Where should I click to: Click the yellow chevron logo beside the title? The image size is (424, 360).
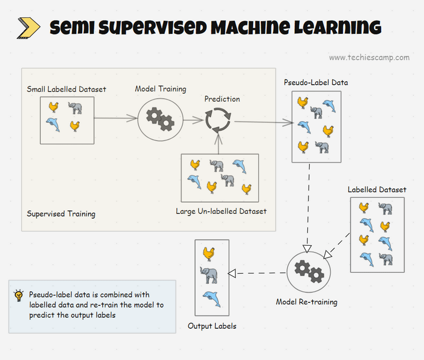28,28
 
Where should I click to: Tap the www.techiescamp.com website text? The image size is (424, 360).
369,58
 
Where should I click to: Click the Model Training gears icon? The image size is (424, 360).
160,119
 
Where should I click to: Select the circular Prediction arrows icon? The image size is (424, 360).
218,120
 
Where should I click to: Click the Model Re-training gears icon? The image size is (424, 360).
308,272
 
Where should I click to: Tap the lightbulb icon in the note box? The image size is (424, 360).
19,295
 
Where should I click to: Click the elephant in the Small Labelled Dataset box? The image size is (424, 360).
75,109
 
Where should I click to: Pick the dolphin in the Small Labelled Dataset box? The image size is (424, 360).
53,125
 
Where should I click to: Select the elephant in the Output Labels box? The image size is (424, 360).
209,274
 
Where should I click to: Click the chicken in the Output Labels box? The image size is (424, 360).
209,253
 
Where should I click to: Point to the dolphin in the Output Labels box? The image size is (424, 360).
211,298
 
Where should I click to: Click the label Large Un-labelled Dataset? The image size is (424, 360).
221,212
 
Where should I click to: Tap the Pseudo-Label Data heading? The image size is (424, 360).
316,83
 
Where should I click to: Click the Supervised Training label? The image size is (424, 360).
61,214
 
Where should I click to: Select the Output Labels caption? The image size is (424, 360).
212,326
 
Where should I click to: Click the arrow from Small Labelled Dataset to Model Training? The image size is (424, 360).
116,119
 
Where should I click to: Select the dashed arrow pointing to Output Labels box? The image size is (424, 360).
258,273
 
